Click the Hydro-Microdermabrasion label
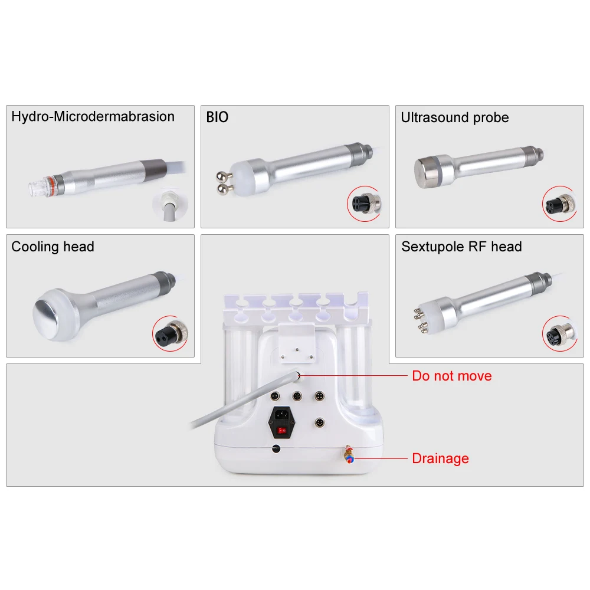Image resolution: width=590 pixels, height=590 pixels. click(93, 117)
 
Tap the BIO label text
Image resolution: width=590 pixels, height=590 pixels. click(217, 117)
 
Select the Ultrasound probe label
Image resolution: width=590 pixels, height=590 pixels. click(454, 117)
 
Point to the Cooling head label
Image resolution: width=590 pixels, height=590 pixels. click(53, 247)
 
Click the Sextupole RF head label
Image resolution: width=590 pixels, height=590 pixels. click(461, 247)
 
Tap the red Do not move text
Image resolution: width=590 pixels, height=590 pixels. click(451, 376)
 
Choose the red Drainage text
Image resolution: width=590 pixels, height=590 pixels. click(440, 458)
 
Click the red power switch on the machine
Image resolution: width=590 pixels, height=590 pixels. click(281, 430)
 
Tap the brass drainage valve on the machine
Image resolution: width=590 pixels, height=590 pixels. click(349, 454)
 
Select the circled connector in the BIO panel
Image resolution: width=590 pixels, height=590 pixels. click(365, 204)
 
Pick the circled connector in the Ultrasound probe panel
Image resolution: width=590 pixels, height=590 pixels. click(560, 204)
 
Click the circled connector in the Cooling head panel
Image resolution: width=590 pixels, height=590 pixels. click(171, 333)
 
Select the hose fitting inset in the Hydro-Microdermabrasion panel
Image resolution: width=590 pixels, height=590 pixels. click(170, 205)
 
